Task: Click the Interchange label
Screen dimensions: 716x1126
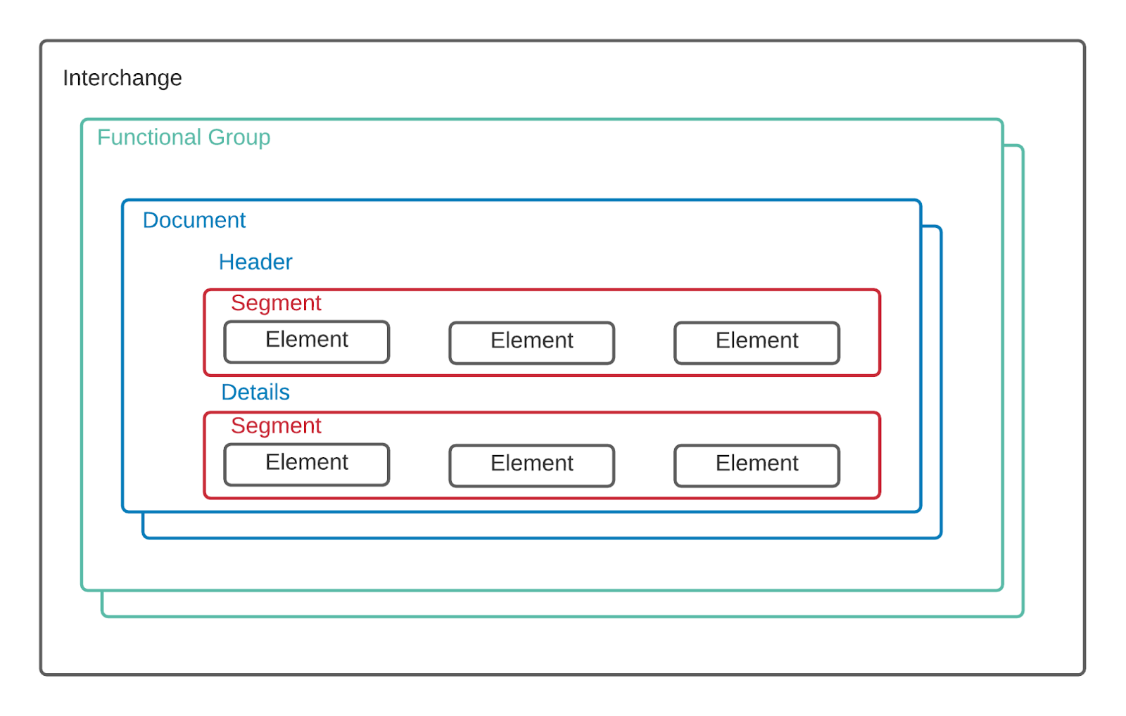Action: [x=122, y=78]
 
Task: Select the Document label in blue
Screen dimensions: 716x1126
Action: [x=194, y=220]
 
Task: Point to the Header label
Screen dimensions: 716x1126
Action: [x=255, y=262]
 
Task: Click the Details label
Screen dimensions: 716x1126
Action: [x=255, y=392]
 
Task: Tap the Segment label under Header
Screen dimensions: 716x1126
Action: [x=275, y=302]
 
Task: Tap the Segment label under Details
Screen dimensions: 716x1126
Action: [x=275, y=426]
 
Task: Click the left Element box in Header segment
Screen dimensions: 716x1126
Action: [x=306, y=342]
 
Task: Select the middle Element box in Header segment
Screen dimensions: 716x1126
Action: [x=531, y=343]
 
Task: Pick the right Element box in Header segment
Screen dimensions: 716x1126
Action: [x=757, y=343]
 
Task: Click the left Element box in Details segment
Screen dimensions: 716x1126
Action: [x=306, y=464]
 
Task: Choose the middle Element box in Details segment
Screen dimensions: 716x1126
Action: [x=531, y=465]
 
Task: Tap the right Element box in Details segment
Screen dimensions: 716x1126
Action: [x=757, y=465]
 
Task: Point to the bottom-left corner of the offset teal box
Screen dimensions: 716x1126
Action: [x=103, y=615]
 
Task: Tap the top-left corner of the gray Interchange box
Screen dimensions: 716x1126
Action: [x=42, y=42]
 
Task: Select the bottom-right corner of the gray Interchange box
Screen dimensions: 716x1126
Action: [x=1083, y=673]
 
